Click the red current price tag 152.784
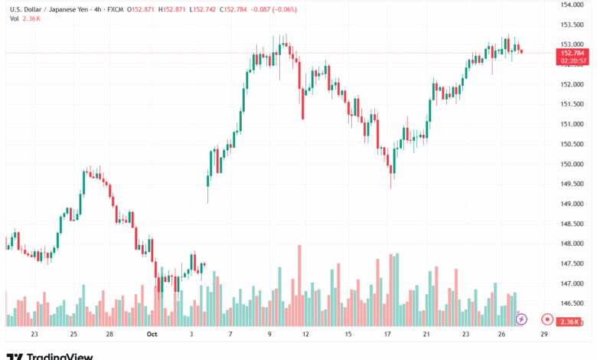pyautogui.click(x=573, y=53)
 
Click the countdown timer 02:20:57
pyautogui.click(x=573, y=61)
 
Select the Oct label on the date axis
pyautogui.click(x=152, y=334)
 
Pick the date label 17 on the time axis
pyautogui.click(x=389, y=334)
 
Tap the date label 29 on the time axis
pyautogui.click(x=543, y=334)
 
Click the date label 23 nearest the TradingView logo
pyautogui.click(x=34, y=334)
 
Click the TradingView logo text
pyautogui.click(x=60, y=356)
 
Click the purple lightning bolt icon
pyautogui.click(x=521, y=318)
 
